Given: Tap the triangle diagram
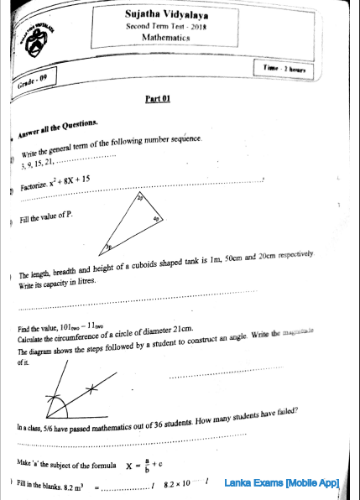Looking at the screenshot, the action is point(134,222).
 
